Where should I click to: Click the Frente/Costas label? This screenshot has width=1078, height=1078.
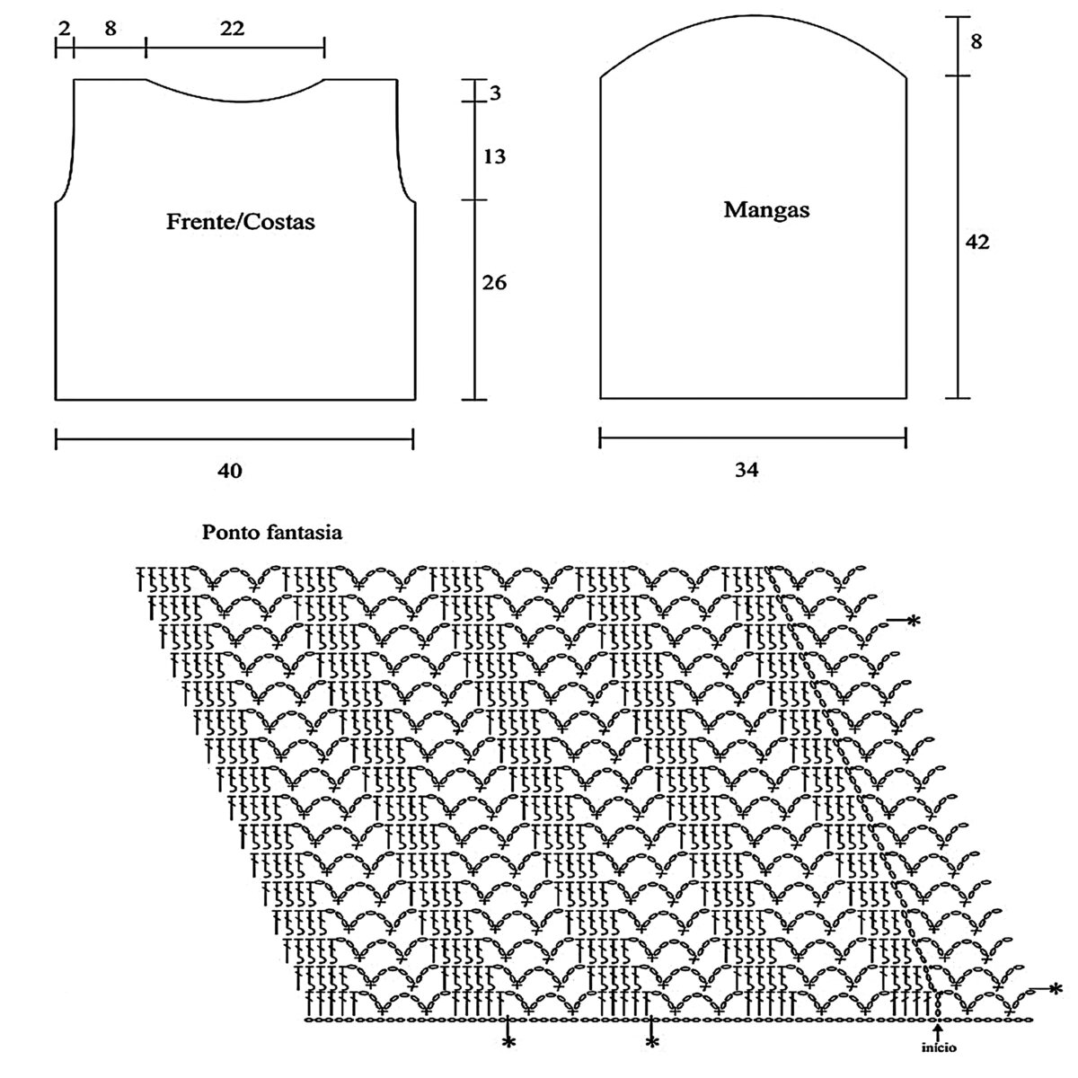[x=240, y=222]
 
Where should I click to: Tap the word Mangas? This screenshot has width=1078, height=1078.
[x=766, y=210]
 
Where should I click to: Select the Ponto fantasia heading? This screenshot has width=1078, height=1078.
[x=272, y=532]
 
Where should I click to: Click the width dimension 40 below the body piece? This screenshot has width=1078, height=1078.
[x=230, y=471]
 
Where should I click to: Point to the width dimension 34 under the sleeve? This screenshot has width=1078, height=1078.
[x=747, y=469]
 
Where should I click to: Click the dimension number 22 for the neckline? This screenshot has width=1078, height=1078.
[x=232, y=28]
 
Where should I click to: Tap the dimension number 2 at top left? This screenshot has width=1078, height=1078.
[x=65, y=28]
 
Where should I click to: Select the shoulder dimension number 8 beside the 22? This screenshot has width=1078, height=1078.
[x=110, y=28]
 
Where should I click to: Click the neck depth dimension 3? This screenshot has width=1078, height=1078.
[x=495, y=93]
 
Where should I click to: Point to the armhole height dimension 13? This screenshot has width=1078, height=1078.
[x=494, y=156]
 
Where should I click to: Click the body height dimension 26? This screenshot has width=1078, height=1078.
[x=494, y=282]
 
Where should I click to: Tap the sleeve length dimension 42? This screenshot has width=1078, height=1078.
[x=977, y=242]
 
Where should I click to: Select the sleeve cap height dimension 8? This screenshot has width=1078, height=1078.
[x=976, y=41]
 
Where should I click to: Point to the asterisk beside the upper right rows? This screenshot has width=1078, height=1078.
[x=914, y=620]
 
